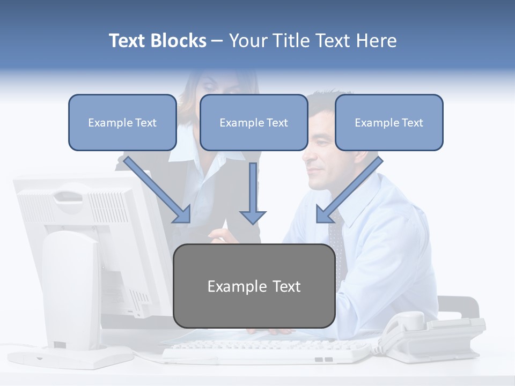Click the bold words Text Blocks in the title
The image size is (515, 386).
click(157, 41)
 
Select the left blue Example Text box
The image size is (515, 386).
click(122, 122)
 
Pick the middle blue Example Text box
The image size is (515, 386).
click(254, 122)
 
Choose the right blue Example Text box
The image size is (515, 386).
click(389, 122)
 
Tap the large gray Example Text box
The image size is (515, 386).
click(254, 286)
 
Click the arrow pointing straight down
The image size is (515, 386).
click(253, 193)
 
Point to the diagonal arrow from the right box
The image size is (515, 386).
click(349, 190)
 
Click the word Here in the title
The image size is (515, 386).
click(378, 41)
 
